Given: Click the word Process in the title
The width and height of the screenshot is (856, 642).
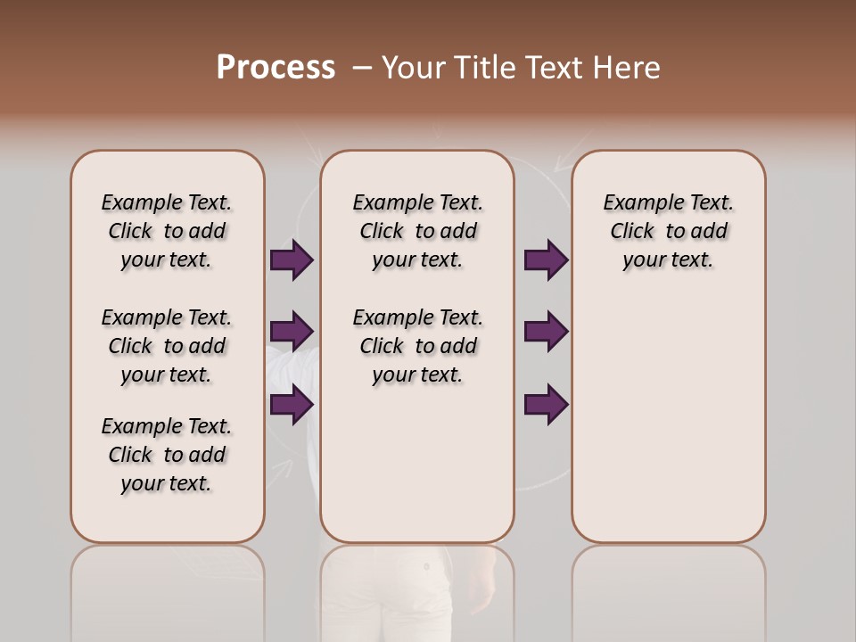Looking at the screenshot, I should click(x=276, y=67).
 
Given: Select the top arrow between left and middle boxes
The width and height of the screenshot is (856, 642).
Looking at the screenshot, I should click(x=292, y=259).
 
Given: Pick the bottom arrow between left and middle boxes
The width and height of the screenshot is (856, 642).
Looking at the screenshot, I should click(x=292, y=405).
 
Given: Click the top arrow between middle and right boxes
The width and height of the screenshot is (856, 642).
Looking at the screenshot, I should click(x=546, y=259).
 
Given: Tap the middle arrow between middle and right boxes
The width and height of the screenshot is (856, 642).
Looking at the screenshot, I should click(x=546, y=332).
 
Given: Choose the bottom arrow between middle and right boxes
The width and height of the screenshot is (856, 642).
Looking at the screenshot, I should click(x=546, y=405).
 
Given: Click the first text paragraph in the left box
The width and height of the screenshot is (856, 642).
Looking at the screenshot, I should click(x=167, y=231).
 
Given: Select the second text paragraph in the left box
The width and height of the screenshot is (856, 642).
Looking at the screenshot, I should click(x=167, y=346).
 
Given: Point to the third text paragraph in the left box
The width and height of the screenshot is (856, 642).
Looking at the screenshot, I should click(x=167, y=455).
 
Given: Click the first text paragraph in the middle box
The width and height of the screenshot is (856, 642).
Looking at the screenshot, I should click(x=417, y=231).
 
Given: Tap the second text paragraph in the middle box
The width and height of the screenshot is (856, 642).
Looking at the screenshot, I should click(x=417, y=346).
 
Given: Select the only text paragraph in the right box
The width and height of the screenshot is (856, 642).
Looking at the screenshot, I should click(x=668, y=231).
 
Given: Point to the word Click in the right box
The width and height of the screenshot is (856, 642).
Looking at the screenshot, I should click(x=632, y=231).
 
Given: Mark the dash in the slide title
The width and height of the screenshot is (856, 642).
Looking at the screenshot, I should click(x=363, y=67).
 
